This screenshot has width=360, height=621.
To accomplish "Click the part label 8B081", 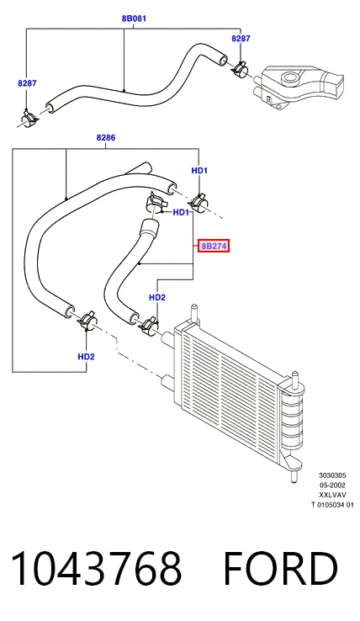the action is coord(134,19).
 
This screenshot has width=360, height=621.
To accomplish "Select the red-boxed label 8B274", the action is coord(214,246).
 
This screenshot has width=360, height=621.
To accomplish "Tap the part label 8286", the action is coord(106,137).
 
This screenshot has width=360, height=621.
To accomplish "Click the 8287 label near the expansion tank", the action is coord(241,39).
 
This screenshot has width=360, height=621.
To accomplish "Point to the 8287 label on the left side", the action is coord(27,83).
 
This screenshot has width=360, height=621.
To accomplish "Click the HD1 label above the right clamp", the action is coord(199,170).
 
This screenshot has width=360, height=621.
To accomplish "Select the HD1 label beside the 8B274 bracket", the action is coord(181,213).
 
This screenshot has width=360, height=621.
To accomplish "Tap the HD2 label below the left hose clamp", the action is coord(86,357).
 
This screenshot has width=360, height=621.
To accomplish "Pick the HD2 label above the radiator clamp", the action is coord(157,297).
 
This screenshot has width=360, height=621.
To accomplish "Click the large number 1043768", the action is coord(96,569).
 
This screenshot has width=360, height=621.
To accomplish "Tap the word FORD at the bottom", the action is coord(280,569).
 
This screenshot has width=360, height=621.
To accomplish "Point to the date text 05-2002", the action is coord(333,486).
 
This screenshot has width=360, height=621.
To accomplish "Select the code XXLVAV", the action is coord(333,495).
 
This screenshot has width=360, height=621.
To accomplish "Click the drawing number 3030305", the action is coord(333,475).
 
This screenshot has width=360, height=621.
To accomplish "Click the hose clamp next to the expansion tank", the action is coord(239,69).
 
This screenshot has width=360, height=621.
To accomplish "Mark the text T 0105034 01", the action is coord(333,504).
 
